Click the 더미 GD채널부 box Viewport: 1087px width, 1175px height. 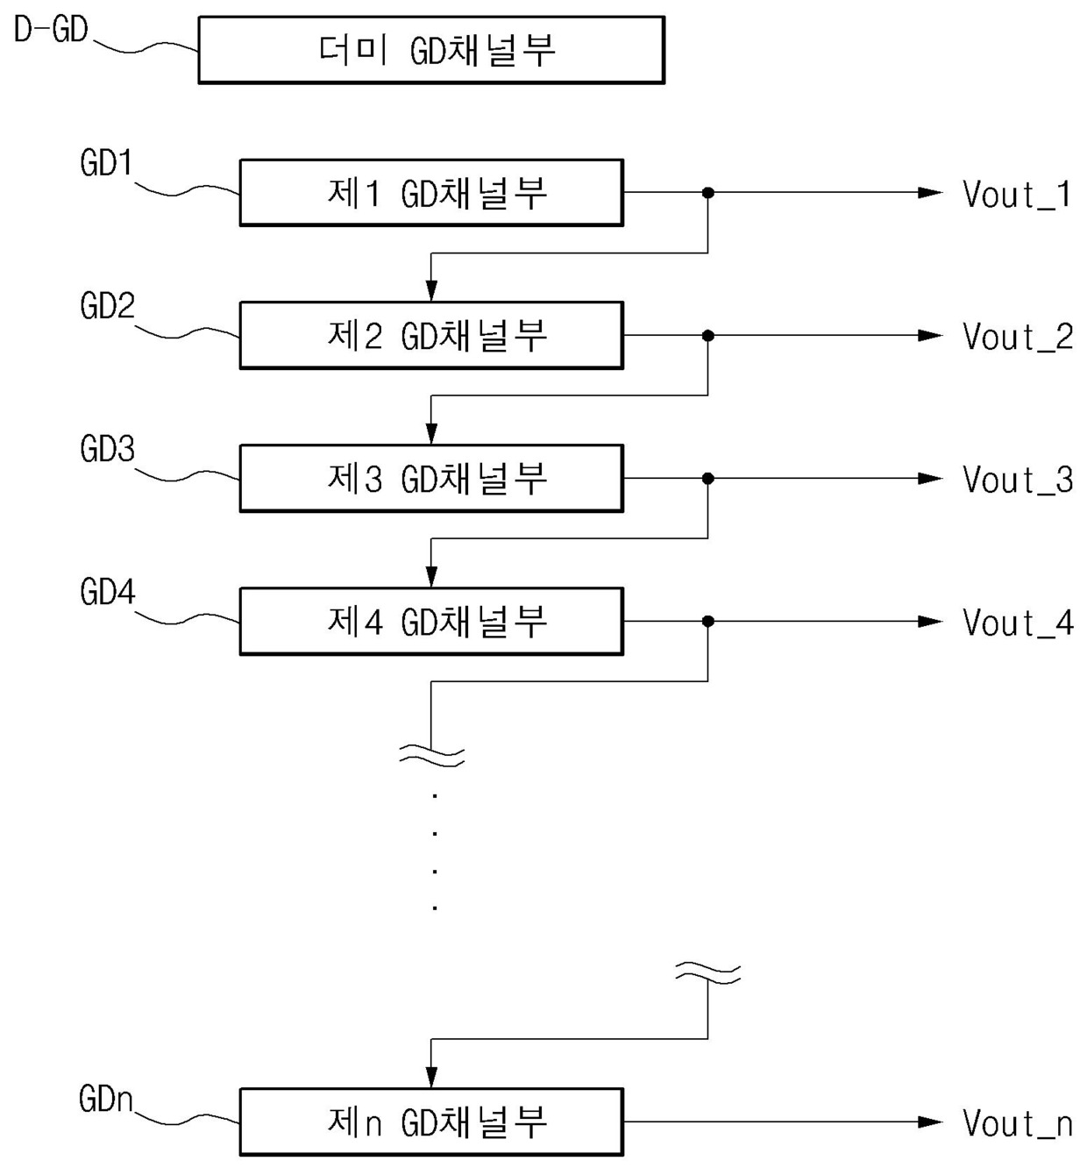(431, 50)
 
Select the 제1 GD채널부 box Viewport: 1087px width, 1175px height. (431, 192)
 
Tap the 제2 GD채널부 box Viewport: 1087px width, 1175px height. (431, 336)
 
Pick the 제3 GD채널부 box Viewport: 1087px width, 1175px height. (431, 478)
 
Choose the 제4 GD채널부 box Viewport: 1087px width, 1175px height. (431, 621)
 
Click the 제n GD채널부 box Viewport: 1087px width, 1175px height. (431, 1122)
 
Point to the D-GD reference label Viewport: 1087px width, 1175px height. (51, 30)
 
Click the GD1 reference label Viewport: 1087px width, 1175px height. (107, 163)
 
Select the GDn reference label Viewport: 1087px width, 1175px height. (106, 1100)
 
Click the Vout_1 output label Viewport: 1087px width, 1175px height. (1017, 194)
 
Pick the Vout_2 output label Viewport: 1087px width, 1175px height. (1018, 337)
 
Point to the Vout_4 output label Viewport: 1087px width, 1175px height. (1018, 623)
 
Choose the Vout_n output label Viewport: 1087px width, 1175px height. (1017, 1123)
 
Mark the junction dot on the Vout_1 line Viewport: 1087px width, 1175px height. (707, 192)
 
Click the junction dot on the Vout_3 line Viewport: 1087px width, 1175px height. (707, 478)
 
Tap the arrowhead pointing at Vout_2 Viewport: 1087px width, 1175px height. (929, 336)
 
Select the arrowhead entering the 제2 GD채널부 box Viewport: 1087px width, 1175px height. (431, 290)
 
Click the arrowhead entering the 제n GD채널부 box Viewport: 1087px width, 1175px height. (431, 1076)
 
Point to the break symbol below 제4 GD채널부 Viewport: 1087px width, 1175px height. (431, 756)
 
